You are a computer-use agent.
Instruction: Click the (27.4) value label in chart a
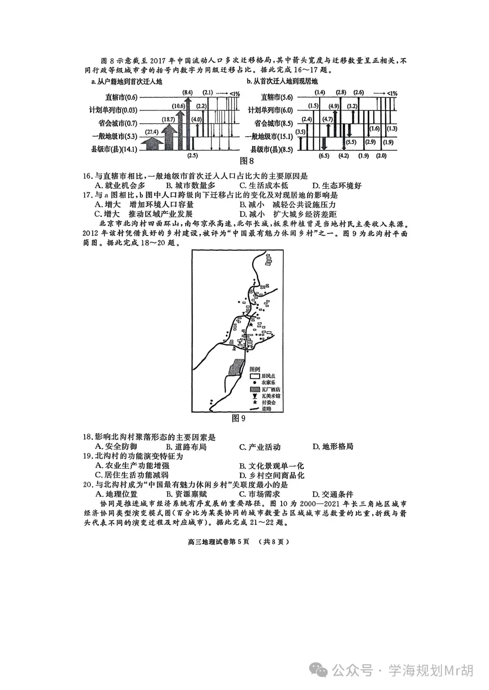coord(151,132)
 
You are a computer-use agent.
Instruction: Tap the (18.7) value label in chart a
coord(168,120)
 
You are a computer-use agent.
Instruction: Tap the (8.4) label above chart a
coord(187,92)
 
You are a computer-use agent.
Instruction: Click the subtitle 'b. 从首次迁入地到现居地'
coord(282,81)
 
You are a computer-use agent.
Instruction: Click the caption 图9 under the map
coord(238,418)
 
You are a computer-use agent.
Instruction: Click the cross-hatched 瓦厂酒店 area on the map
coord(235,367)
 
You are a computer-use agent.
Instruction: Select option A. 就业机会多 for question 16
coord(120,186)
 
